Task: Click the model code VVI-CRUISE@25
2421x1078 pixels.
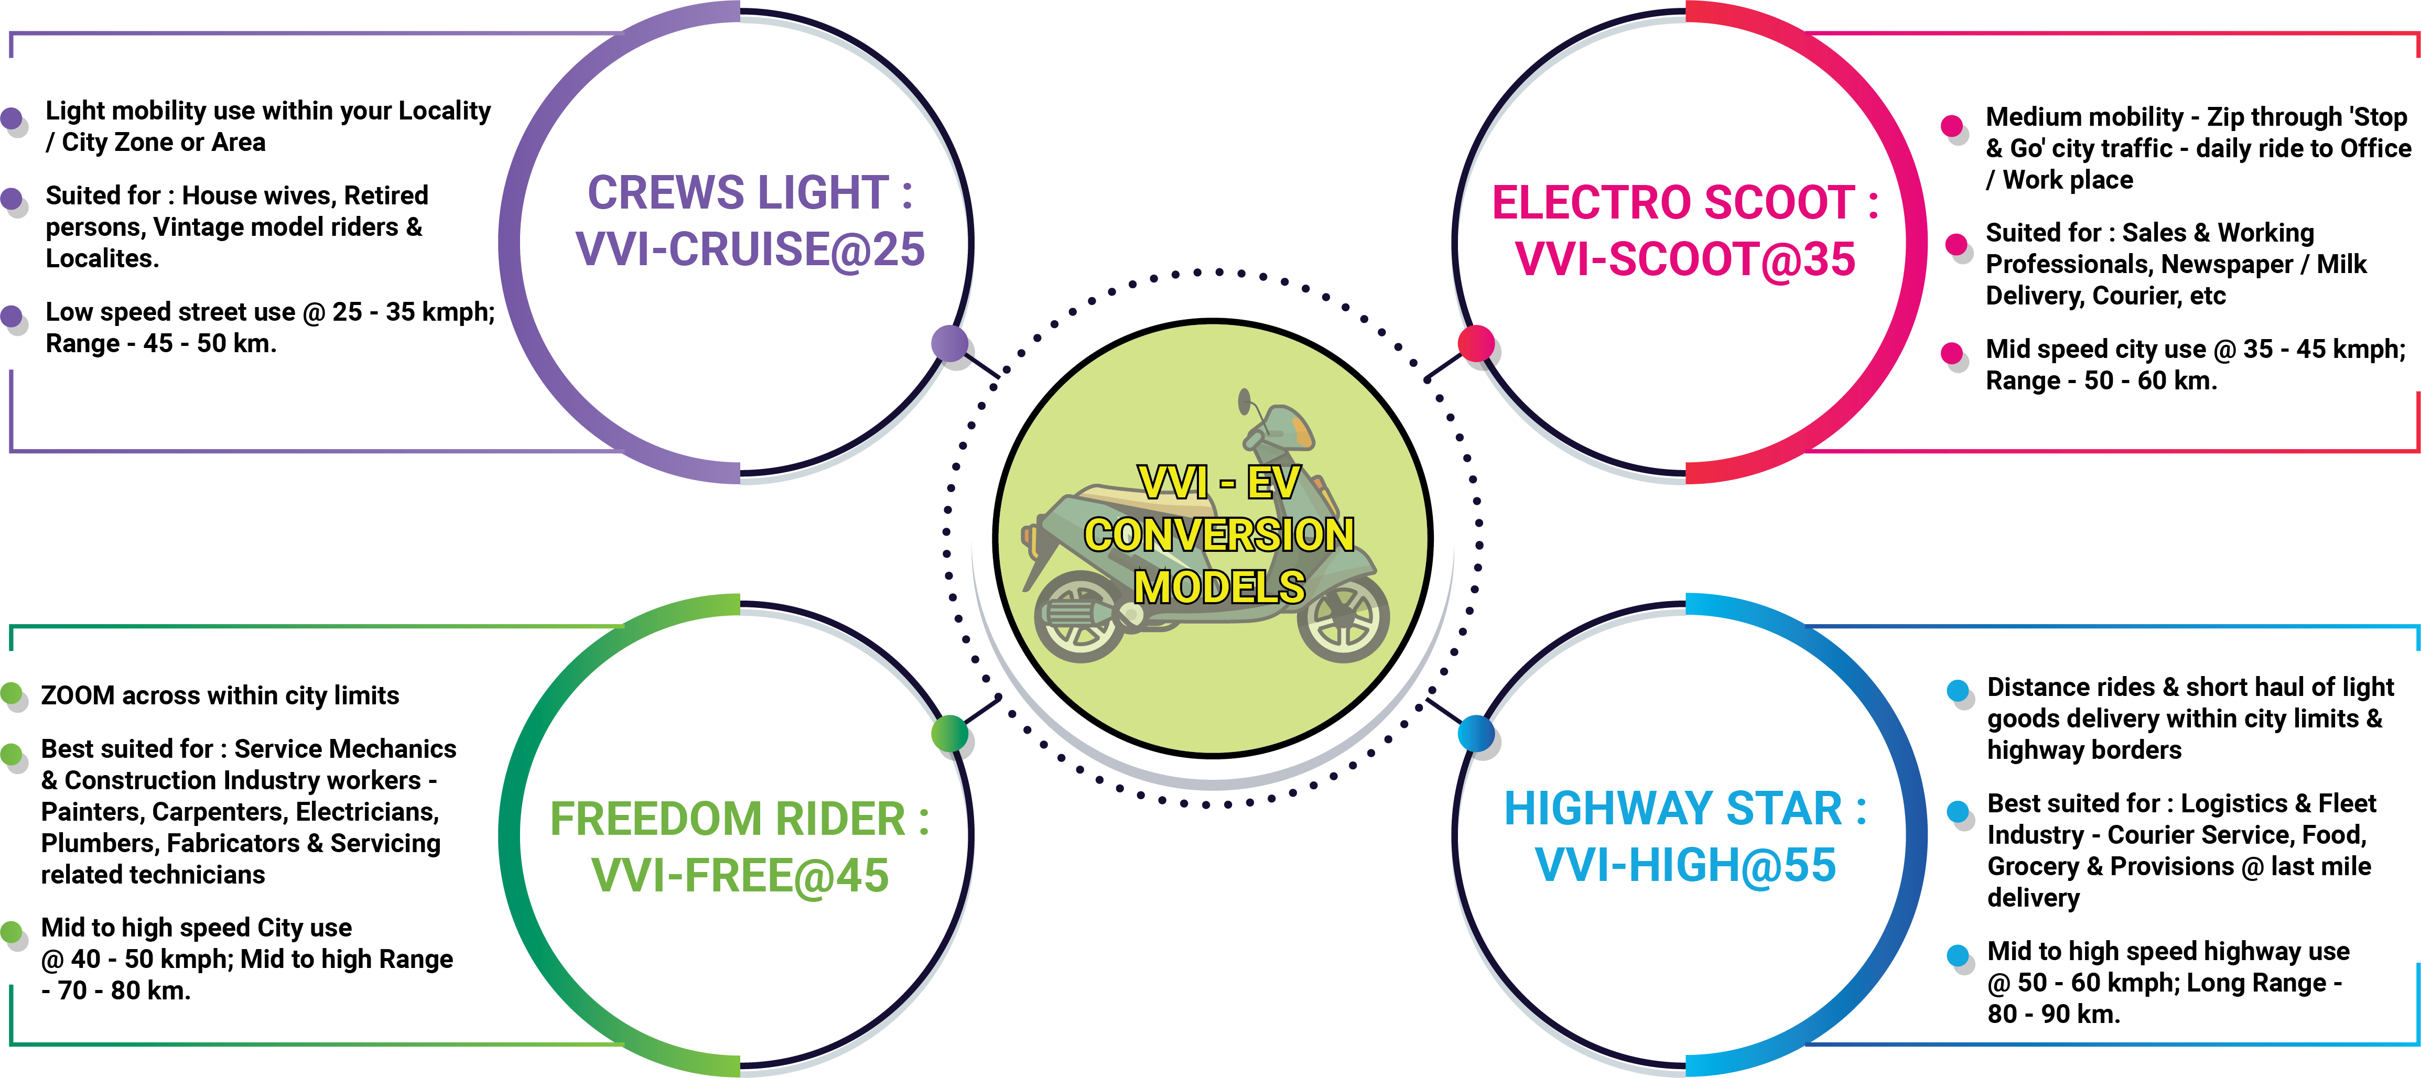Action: tap(750, 250)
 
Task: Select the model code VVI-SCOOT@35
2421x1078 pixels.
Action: tap(1685, 259)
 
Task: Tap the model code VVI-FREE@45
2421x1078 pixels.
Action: tap(740, 876)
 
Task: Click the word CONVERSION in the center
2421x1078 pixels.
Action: tap(1219, 536)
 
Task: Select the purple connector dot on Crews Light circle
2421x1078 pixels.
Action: tap(950, 343)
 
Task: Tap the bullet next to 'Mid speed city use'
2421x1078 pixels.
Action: tap(1952, 353)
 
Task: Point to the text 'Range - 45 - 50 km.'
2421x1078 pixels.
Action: tap(161, 344)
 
